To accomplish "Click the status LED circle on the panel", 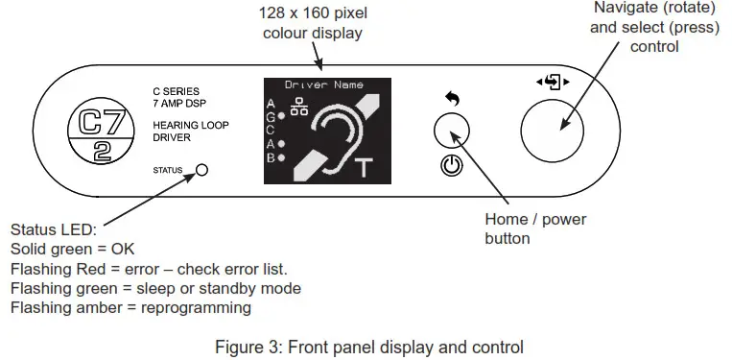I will (202, 171).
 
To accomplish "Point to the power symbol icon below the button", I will (451, 166).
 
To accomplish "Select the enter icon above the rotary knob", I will (553, 82).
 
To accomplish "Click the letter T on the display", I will (362, 170).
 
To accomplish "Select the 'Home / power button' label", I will (535, 228).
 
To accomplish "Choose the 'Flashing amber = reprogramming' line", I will (130, 307).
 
